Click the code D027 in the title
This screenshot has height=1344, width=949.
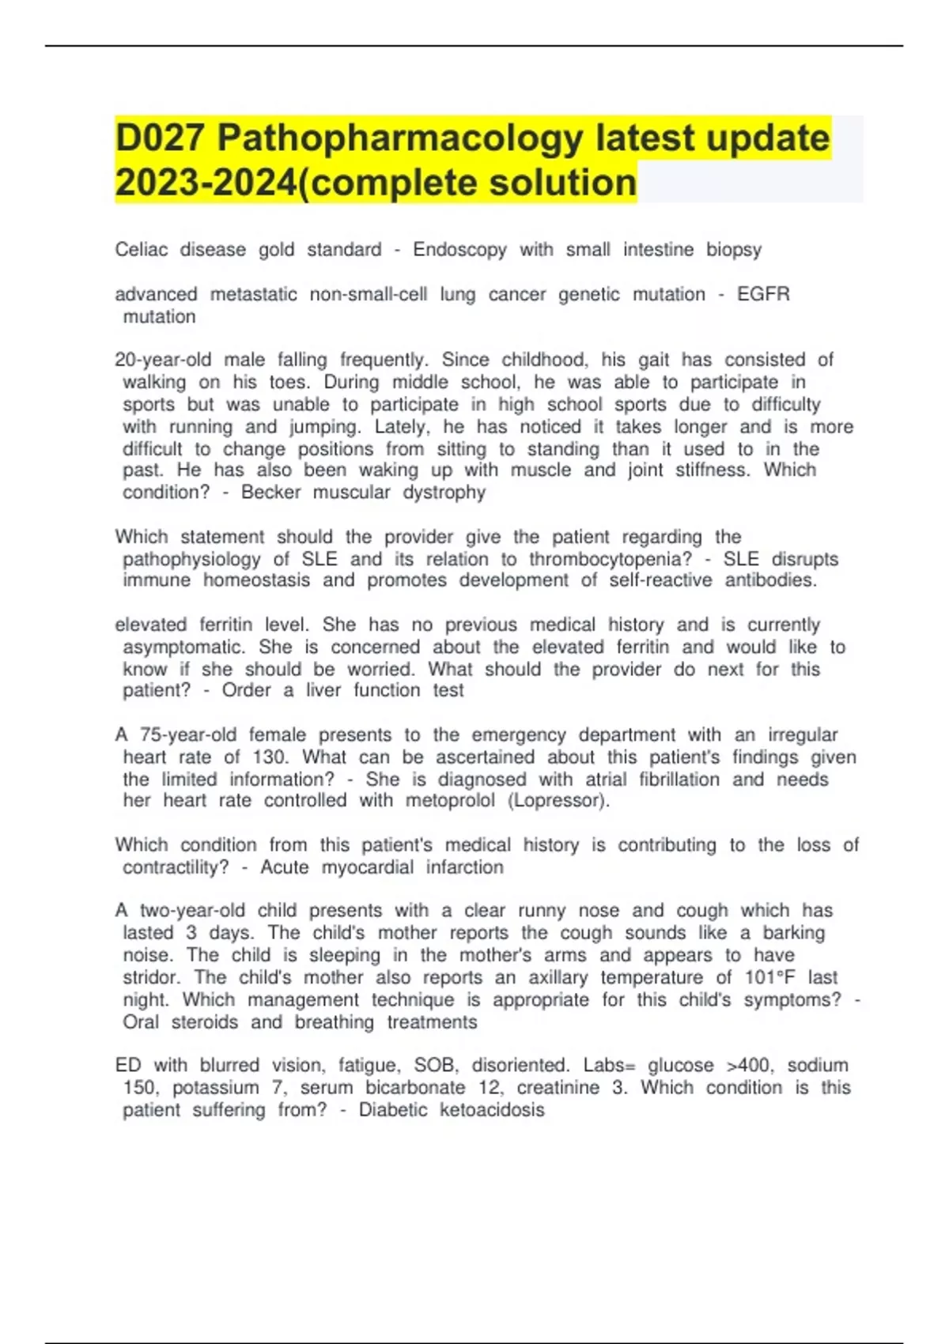pyautogui.click(x=159, y=138)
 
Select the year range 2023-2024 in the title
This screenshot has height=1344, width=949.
pyautogui.click(x=205, y=183)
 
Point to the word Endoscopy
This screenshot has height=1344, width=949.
pyautogui.click(x=459, y=250)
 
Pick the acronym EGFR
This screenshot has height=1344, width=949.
pyautogui.click(x=763, y=294)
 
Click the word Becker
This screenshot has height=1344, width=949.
pyautogui.click(x=270, y=492)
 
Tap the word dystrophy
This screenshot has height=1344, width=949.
pyautogui.click(x=444, y=492)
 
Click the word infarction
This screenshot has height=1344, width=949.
pyautogui.click(x=464, y=867)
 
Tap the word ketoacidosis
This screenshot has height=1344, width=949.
pyautogui.click(x=492, y=1109)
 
